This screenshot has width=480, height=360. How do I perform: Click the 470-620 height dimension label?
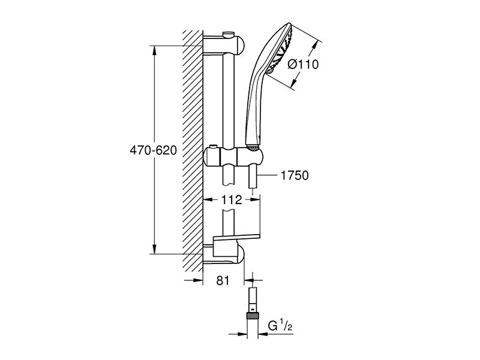pos(154,151)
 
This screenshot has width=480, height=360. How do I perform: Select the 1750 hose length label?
pos(295,175)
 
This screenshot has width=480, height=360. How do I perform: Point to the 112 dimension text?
pos(232,200)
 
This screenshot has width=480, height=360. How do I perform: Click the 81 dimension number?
pos(223,280)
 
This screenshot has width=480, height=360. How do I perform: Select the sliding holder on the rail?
pos(233,158)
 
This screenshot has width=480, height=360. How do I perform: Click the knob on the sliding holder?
pos(213,146)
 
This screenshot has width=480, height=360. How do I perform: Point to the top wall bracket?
pos(223,45)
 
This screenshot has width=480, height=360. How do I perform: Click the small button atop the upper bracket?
pos(229,34)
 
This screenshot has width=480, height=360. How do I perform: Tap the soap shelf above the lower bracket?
pos(236,237)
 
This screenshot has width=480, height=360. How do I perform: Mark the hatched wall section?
pos(193,151)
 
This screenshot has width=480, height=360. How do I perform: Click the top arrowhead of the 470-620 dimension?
pos(155,52)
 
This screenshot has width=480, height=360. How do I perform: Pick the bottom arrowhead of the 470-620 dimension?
pos(155,248)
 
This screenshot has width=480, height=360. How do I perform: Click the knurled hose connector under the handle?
pos(253,148)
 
